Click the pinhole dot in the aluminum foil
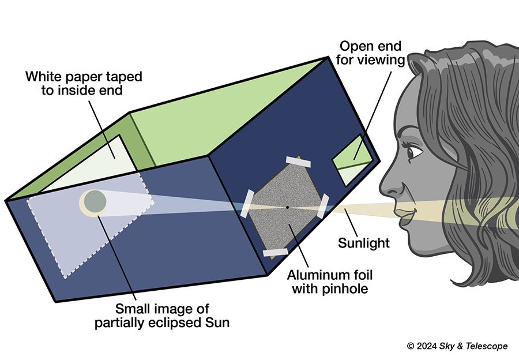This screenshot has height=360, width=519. pyautogui.click(x=287, y=206)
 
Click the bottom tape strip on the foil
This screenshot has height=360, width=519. pyautogui.click(x=275, y=252)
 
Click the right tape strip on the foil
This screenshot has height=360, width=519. pyautogui.click(x=323, y=206)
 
